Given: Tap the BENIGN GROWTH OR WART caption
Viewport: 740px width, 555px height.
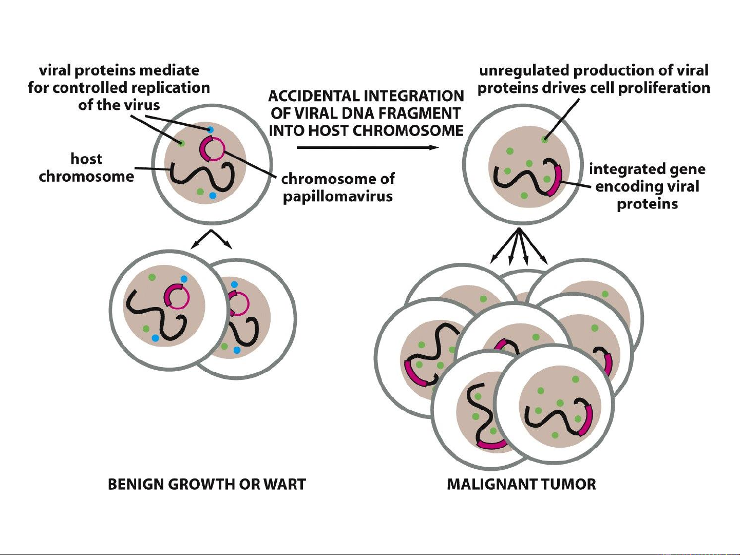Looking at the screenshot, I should coord(206,484).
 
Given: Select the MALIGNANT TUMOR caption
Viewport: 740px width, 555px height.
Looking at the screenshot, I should coord(521,484).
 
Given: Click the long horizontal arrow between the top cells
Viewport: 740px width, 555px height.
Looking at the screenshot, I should coord(367,148).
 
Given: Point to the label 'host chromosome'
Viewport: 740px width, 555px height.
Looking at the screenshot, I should coord(86,167).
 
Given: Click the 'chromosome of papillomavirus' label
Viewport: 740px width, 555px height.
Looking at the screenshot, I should coord(338,187).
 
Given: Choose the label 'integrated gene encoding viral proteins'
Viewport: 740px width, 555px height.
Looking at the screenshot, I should coord(647,186).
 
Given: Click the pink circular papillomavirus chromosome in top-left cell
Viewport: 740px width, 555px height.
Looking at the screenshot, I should coord(212,149).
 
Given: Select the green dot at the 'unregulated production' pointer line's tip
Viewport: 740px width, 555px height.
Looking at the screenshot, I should coord(544,139).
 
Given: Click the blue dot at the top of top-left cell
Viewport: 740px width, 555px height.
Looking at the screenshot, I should coord(210,129).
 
